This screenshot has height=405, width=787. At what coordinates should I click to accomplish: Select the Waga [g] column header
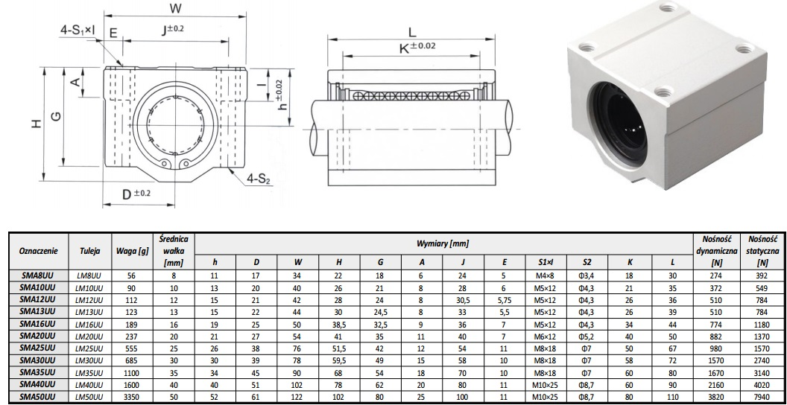[132, 251]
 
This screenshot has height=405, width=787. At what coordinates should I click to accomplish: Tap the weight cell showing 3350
[132, 397]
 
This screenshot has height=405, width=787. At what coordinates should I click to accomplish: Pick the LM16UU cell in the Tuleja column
[89, 324]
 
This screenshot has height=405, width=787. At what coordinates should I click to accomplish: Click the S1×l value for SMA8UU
[546, 275]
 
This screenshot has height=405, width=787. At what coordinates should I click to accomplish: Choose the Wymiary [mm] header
[443, 244]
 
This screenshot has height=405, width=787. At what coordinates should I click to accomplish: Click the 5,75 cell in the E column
[504, 299]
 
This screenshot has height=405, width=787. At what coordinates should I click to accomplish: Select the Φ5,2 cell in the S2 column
[587, 336]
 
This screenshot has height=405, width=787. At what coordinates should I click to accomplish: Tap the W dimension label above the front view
[175, 7]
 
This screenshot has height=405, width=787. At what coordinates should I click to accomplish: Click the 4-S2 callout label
[259, 179]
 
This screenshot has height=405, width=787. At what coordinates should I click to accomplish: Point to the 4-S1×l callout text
[78, 31]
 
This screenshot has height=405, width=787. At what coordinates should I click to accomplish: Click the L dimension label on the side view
[412, 33]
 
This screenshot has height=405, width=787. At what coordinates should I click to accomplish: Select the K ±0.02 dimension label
[417, 48]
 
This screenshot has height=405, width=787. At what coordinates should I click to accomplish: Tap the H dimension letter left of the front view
[36, 123]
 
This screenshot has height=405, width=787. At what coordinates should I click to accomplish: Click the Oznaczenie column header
[38, 251]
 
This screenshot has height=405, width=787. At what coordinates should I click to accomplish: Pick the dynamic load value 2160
[716, 385]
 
